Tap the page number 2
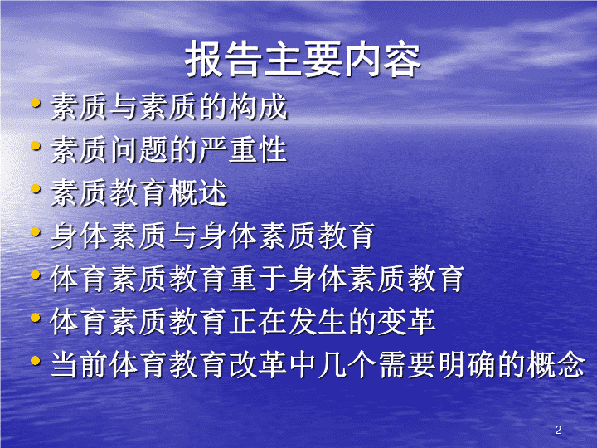click(x=558, y=430)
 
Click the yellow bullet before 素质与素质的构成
click(x=36, y=103)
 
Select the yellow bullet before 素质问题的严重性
click(x=36, y=145)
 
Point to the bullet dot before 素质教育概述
click(x=36, y=188)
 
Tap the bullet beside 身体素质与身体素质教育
click(x=36, y=231)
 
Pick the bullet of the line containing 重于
click(x=36, y=275)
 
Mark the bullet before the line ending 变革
click(x=36, y=318)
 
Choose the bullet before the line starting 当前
click(x=36, y=360)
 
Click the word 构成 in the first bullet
click(x=258, y=107)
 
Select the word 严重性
click(x=243, y=150)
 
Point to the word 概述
click(x=198, y=193)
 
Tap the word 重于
click(x=258, y=280)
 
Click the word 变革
click(x=406, y=322)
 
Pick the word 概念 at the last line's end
click(x=556, y=365)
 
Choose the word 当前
click(x=80, y=365)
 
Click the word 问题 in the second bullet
click(x=139, y=150)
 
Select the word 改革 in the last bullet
click(x=258, y=365)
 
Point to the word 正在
click(x=258, y=322)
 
